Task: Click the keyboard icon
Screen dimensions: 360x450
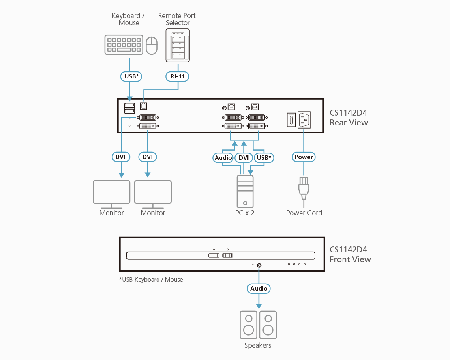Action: [x=124, y=45]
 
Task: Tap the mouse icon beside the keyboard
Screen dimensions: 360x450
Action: [x=152, y=46]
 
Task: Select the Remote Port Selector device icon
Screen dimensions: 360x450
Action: [x=178, y=45]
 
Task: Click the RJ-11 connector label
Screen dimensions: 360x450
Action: [x=177, y=76]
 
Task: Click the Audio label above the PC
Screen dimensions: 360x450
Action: [x=223, y=158]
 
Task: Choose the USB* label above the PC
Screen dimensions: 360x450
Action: [x=264, y=158]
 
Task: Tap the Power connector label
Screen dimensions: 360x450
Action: [x=304, y=157]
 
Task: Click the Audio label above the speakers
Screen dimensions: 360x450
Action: [x=259, y=289]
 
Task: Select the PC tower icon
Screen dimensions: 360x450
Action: [x=245, y=192]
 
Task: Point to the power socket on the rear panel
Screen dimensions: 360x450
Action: [x=304, y=119]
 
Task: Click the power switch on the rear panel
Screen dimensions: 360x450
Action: [x=291, y=120]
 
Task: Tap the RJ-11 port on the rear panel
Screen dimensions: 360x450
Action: [x=144, y=106]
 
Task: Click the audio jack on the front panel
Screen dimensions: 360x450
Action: [x=259, y=265]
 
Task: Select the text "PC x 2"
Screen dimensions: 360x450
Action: [x=245, y=213]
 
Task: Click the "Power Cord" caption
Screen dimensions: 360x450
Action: [x=304, y=213]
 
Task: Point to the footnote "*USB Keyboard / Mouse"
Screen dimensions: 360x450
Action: [x=151, y=280]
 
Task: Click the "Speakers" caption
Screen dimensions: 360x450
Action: [x=258, y=345]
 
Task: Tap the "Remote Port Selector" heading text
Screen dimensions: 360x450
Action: [x=177, y=19]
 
